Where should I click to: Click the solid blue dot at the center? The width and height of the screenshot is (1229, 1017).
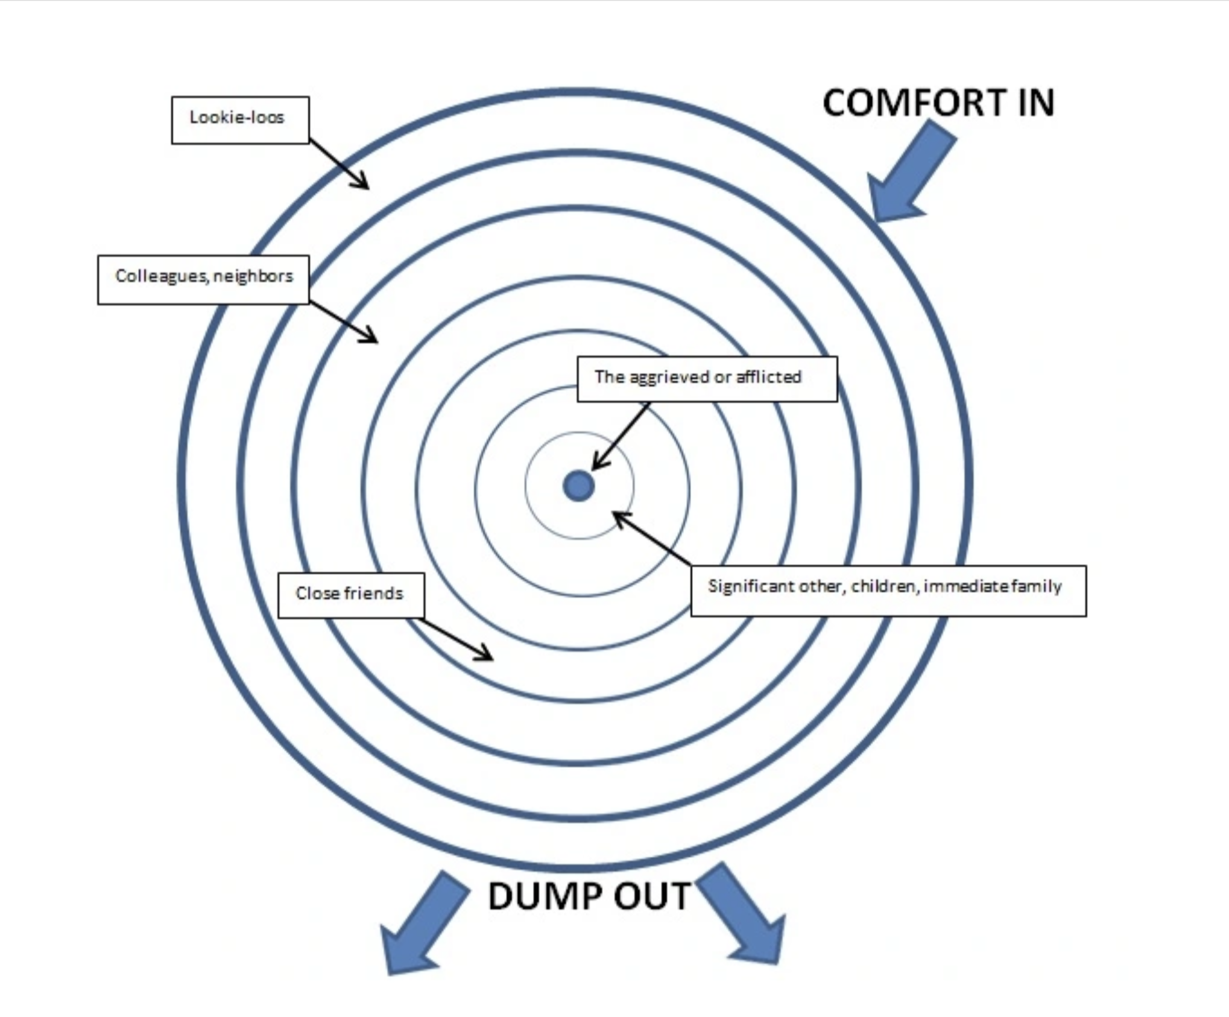[578, 486]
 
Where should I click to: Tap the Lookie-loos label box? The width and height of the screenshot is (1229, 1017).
[240, 120]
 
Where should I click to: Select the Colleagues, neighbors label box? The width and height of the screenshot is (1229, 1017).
[203, 279]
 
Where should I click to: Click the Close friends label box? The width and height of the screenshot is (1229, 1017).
[350, 595]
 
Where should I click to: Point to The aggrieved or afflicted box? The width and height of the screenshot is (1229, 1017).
[707, 379]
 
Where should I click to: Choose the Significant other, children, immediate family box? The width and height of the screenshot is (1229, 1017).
[888, 590]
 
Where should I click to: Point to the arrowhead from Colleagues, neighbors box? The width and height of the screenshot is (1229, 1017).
[370, 337]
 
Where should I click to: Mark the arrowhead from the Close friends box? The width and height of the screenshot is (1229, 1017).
[485, 655]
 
